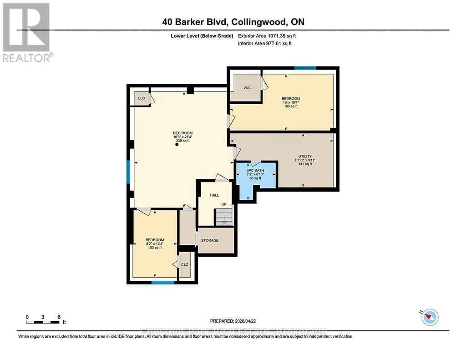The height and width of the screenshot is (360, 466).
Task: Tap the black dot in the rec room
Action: [x=177, y=145]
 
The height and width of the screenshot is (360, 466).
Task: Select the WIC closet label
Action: [x=247, y=88]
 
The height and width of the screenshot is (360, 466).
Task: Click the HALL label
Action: [x=214, y=195]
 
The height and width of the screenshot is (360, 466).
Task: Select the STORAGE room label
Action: [x=210, y=240]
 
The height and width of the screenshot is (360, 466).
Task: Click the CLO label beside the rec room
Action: [x=142, y=98]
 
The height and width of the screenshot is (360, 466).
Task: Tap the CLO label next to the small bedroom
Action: [x=185, y=264]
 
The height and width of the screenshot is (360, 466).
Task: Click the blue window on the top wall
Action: [x=305, y=68]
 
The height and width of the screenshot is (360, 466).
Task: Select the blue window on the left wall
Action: [x=128, y=172]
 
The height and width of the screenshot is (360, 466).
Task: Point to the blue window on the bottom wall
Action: [x=162, y=283]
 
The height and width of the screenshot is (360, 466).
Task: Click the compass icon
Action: [x=430, y=317]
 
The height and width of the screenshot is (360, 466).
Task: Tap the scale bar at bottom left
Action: [x=43, y=322]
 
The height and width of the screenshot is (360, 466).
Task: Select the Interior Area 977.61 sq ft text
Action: [x=265, y=44]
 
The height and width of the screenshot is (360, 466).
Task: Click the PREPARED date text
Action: [x=236, y=321]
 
